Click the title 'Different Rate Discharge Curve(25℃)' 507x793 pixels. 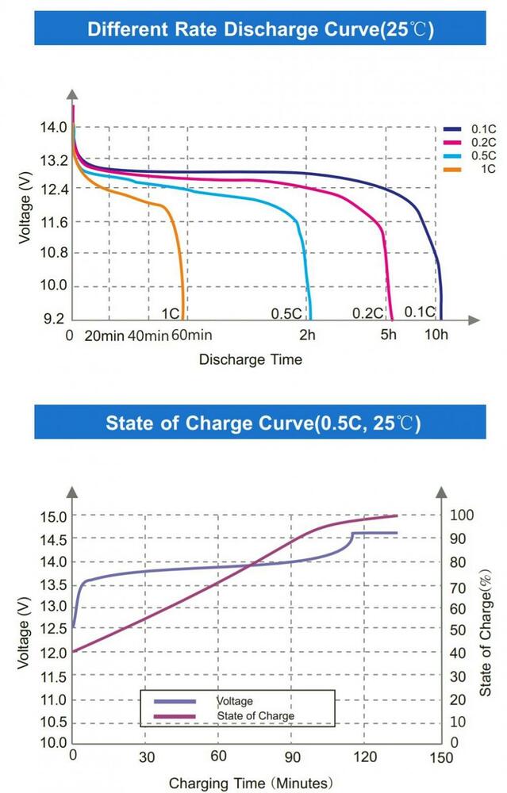pos(261,30)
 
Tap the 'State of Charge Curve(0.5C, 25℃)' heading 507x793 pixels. pos(263,422)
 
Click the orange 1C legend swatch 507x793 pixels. pos(453,169)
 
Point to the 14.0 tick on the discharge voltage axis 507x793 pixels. pos(54,127)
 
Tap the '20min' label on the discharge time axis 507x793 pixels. pos(105,335)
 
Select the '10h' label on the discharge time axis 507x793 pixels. pos(436,335)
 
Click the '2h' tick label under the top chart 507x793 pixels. pos(307,335)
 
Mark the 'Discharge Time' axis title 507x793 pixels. pos(250,359)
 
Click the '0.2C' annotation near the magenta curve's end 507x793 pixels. pos(367,313)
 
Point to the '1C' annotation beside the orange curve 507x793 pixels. pos(171,313)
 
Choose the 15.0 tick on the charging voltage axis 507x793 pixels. pos(53,516)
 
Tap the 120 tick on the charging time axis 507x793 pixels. pos(364,757)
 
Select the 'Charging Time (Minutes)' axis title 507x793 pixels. pos(249,783)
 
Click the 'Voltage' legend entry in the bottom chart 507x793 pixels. pos(235,701)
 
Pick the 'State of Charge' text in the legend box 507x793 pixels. pos(255,715)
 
